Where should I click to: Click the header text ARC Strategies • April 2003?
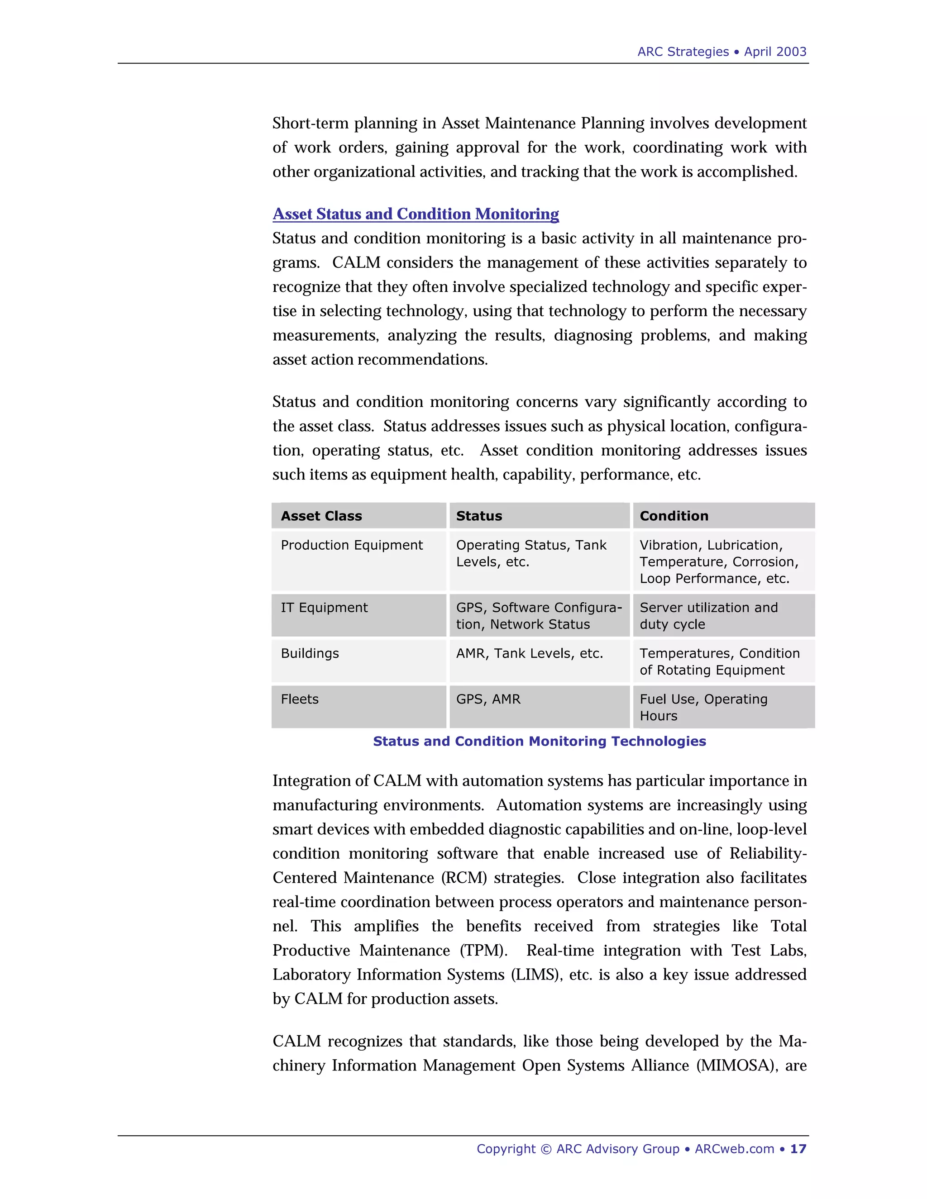click(721, 52)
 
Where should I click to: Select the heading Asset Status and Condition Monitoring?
click(416, 214)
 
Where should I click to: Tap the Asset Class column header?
click(321, 516)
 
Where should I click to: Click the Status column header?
click(479, 516)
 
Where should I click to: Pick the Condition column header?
click(674, 516)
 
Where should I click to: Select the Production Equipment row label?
click(351, 545)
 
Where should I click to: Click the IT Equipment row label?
click(324, 608)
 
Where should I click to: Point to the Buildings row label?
click(310, 653)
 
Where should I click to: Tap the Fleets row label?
click(299, 699)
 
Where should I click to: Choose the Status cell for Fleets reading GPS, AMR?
click(488, 699)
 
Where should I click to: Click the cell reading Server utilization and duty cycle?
click(708, 616)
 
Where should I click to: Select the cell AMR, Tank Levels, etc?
click(530, 653)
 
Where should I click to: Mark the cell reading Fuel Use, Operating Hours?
click(703, 708)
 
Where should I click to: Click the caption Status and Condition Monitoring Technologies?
click(539, 742)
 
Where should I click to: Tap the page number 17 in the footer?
click(798, 1149)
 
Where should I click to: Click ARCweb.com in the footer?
click(734, 1149)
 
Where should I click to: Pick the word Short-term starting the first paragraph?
click(310, 123)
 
